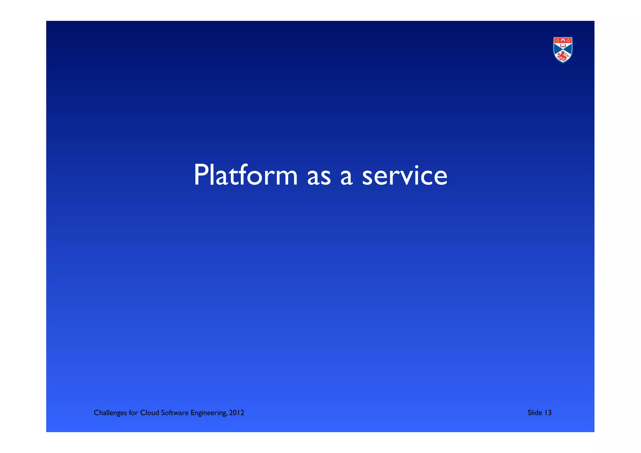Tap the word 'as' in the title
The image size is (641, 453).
pos(319,178)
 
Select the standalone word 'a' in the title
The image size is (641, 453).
pos(346,178)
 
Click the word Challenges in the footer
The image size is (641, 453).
pos(110,413)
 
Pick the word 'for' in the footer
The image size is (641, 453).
pos(133,413)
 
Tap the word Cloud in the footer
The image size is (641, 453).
pos(150,413)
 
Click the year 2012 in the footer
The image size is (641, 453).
pos(237,413)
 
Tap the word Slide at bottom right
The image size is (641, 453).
pos(535,413)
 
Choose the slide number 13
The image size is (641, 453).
pos(548,413)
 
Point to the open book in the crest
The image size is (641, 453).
pos(563,45)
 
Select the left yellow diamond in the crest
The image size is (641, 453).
pos(557,40)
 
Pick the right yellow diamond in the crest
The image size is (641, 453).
pos(568,40)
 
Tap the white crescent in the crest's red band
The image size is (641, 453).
pos(563,40)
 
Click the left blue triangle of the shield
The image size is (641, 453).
pos(556,49)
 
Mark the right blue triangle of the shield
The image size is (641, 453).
pos(570,49)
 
